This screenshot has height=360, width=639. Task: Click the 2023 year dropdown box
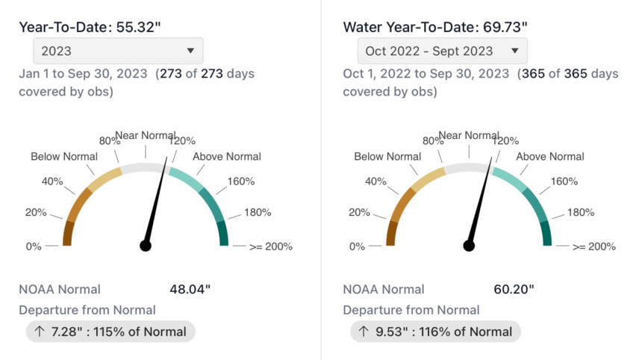click(118, 51)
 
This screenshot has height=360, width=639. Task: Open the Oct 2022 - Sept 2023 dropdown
click(442, 51)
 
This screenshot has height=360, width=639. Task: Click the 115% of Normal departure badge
click(110, 331)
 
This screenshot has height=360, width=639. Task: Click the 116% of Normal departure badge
click(435, 331)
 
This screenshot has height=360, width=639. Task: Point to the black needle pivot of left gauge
click(146, 245)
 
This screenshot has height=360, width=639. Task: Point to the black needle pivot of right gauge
click(470, 245)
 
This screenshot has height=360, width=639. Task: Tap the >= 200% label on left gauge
click(270, 246)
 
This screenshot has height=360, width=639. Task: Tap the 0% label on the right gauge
click(358, 246)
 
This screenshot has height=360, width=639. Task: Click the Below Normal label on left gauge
click(64, 156)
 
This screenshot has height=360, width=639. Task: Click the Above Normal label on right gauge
click(551, 156)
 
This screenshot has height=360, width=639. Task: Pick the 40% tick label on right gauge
click(376, 181)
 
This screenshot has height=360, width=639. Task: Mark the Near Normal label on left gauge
click(145, 135)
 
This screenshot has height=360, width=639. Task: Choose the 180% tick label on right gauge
click(582, 212)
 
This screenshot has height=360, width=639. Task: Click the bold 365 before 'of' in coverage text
click(543, 74)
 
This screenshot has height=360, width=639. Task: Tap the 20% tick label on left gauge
click(36, 212)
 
